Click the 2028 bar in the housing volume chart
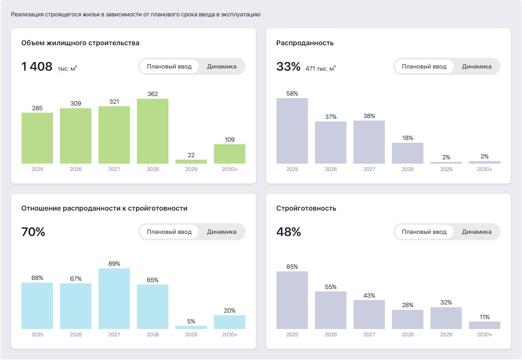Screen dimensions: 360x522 coord(152,131)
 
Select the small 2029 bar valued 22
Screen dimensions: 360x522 coord(191,161)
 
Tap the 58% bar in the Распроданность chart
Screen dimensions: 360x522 coord(292,131)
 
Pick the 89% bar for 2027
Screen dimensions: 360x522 coord(114,299)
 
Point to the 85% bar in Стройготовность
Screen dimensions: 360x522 coord(292,300)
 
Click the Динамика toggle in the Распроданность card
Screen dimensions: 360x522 coord(476,67)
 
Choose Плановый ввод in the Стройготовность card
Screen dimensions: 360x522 coord(424,232)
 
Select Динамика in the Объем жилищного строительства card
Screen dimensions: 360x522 coord(221,67)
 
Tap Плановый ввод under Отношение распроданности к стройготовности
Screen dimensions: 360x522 coord(169,232)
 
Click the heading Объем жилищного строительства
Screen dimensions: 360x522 coord(80,43)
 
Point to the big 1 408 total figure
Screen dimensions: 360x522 coord(37,67)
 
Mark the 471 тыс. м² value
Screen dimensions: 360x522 coord(320,68)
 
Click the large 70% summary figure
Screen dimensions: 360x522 coord(33,232)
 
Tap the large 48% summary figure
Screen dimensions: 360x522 coord(289,232)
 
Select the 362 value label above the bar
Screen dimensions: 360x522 coord(152,94)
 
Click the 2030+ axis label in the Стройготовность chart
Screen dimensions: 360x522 coord(485,335)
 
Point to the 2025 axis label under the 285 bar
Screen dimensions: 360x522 coord(37,169)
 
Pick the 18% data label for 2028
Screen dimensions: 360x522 coord(407,138)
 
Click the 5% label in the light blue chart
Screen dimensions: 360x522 coord(191,321)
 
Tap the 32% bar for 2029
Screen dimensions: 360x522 coord(446,318)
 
